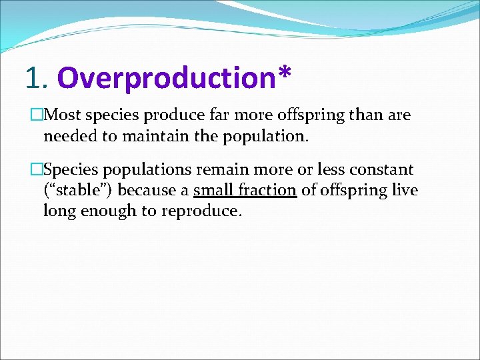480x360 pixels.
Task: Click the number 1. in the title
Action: [37, 77]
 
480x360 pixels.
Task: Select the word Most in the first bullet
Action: [62, 115]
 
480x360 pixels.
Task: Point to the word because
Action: [150, 191]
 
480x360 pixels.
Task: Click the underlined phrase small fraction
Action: [245, 191]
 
